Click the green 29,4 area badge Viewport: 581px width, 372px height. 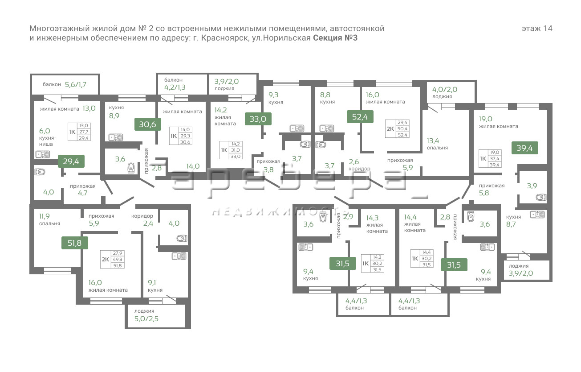[71, 161]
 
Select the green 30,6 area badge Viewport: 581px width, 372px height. [147, 124]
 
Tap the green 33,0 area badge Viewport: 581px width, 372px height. [258, 119]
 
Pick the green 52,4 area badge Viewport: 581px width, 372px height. [360, 116]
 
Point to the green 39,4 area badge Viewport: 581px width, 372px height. [524, 148]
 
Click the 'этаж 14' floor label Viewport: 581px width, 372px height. [537, 29]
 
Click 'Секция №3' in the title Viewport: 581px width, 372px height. [335, 38]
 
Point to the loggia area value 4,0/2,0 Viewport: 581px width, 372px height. [445, 89]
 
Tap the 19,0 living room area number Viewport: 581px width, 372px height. [486, 119]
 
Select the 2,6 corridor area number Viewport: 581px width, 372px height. [354, 162]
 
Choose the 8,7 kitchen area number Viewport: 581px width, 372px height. [511, 224]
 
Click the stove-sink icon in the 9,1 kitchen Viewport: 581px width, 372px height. [179, 256]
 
